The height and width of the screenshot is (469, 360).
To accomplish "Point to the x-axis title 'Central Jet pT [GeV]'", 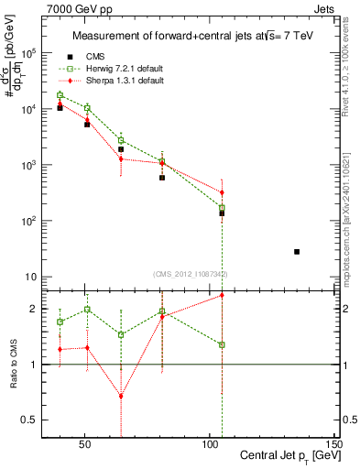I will coord(288,455).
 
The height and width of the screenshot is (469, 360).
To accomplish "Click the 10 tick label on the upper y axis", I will coord(29,277).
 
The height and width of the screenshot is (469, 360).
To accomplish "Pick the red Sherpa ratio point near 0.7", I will coord(121,397).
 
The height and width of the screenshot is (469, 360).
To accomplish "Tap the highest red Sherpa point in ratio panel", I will coord(222,295).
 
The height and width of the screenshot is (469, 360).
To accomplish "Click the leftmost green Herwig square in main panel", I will coord(60,95).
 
